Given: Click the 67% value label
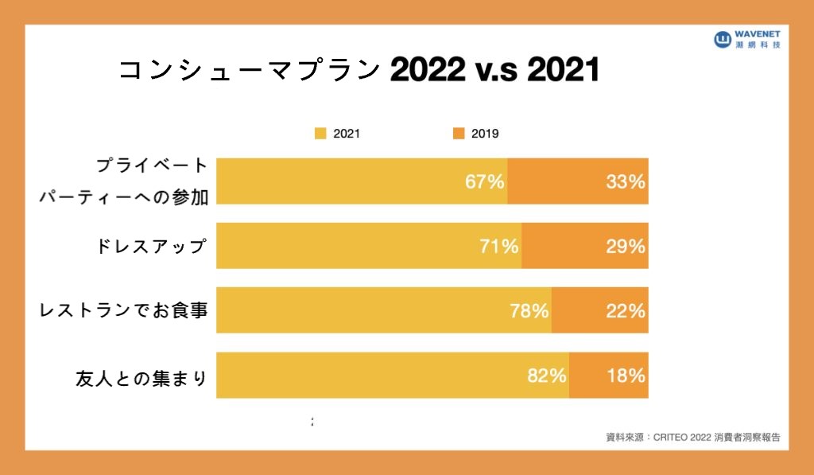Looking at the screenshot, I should click(x=485, y=181).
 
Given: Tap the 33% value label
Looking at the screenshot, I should click(x=625, y=181).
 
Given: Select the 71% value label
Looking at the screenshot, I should click(x=499, y=246).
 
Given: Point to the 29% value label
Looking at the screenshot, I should click(x=625, y=246).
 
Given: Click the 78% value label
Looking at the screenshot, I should click(x=529, y=310).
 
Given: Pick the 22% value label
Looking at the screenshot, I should click(x=625, y=310).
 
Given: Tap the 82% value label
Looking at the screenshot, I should click(x=547, y=376).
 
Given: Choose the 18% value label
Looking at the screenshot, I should click(x=625, y=376).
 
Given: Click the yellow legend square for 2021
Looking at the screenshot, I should click(x=321, y=134).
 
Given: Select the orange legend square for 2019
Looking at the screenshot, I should click(x=459, y=134).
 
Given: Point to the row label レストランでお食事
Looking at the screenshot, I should click(x=124, y=310).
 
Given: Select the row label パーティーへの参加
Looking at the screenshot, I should click(x=124, y=197).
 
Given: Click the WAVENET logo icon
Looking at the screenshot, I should click(x=723, y=39).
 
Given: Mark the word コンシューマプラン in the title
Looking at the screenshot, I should click(x=249, y=71).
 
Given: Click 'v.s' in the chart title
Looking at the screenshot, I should click(x=495, y=71).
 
